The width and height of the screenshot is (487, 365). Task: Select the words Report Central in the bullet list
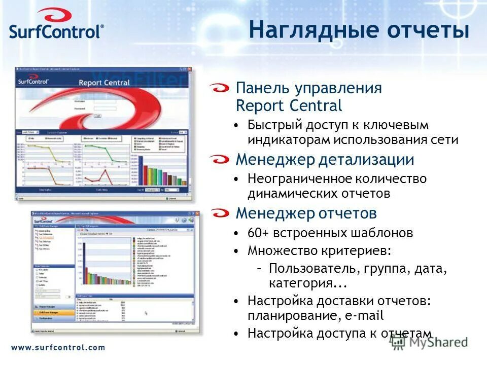[289, 106]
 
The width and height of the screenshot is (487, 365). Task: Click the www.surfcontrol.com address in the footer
[58, 348]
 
